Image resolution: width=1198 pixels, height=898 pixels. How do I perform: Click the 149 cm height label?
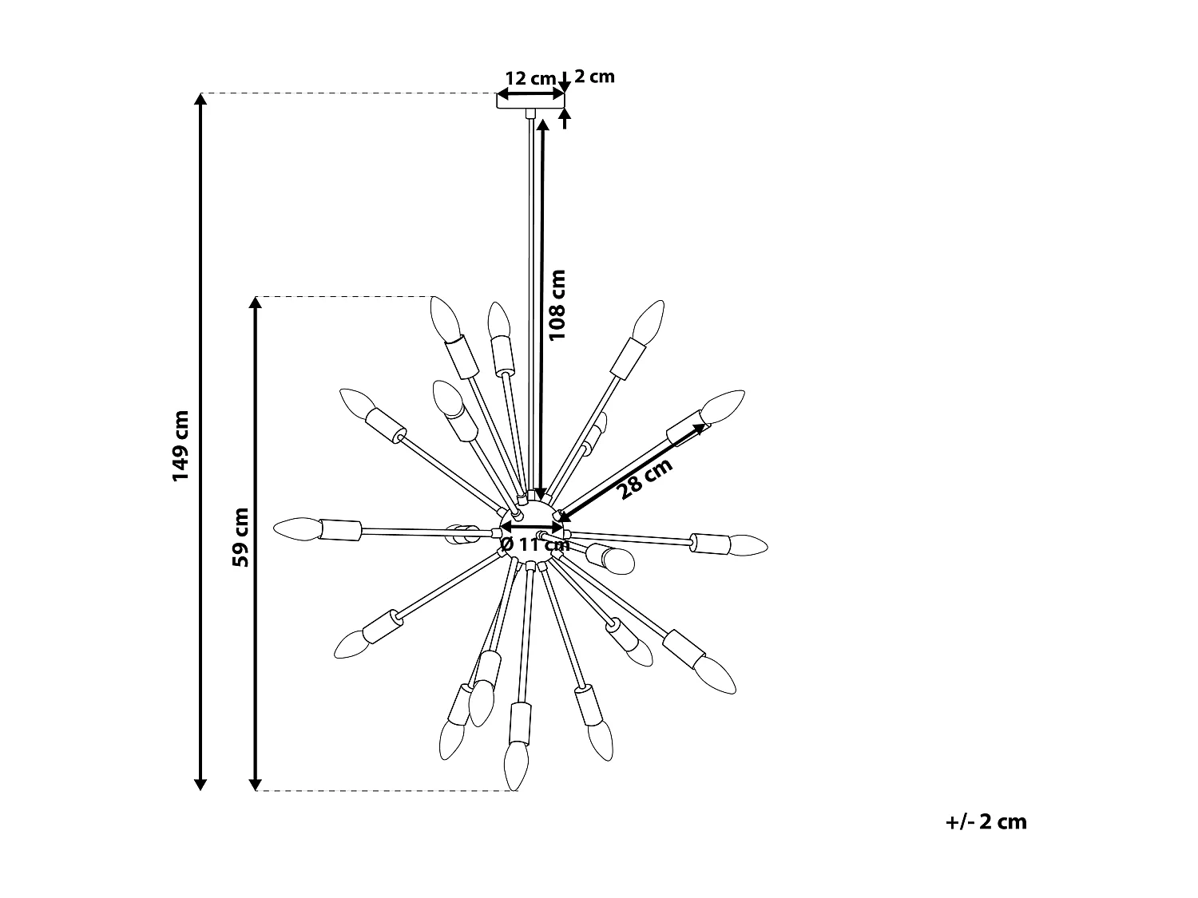coord(180,445)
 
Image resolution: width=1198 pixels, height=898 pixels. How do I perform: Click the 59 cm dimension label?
coord(240,537)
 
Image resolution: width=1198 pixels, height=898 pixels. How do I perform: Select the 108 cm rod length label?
coord(557,306)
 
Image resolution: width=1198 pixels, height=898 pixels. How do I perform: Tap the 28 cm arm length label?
coord(645,479)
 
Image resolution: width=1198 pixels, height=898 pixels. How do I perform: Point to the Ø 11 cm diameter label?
coord(535,544)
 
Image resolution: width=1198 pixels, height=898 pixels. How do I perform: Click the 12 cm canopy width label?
coord(530,78)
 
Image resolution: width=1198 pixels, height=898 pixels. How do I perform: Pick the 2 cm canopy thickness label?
coord(594,77)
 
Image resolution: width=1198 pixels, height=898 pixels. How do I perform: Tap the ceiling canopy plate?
coord(530,101)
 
